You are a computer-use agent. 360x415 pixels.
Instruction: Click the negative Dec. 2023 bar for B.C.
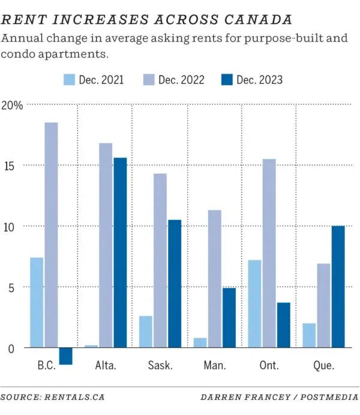tap(65, 356)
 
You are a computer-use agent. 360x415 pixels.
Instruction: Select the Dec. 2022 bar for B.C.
tap(51, 234)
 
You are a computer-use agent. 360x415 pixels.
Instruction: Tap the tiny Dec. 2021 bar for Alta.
tap(91, 346)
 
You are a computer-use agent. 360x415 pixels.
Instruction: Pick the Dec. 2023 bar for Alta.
tap(120, 252)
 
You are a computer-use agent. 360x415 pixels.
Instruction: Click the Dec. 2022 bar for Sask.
tap(160, 260)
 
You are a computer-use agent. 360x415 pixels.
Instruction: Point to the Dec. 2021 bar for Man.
tap(200, 342)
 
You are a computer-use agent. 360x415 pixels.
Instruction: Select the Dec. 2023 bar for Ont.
tap(283, 325)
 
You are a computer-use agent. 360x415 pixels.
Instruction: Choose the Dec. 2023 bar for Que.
tap(338, 287)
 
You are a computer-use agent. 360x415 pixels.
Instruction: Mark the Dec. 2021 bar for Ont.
tap(254, 303)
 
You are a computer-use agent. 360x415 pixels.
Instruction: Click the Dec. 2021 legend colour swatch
tap(69, 80)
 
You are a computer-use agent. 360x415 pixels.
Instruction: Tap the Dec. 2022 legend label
tap(181, 80)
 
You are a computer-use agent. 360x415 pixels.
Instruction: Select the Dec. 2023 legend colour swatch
tap(227, 80)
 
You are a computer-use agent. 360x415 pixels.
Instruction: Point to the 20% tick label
tap(12, 106)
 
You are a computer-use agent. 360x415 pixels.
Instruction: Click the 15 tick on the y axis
tap(9, 166)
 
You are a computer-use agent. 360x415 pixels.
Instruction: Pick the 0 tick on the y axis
tap(11, 349)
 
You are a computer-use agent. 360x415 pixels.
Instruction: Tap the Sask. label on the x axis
tap(160, 365)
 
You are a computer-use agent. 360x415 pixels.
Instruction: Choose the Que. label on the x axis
tap(324, 366)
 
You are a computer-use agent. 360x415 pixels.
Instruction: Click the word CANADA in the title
tap(259, 20)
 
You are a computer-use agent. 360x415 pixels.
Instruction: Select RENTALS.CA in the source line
tap(74, 397)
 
